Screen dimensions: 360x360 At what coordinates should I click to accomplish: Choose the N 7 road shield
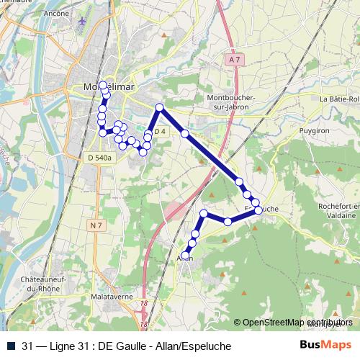pos(96,225)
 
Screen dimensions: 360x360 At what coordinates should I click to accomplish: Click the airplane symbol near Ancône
pos(83,22)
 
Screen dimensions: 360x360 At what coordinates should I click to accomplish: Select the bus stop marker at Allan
pos(186,256)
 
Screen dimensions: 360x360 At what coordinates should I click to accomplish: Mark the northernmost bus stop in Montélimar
pos(104,85)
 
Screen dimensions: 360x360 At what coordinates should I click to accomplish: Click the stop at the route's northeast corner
pos(160,108)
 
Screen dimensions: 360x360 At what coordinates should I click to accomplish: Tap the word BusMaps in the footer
pos(325,346)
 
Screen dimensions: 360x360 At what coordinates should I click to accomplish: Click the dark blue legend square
pos(10,346)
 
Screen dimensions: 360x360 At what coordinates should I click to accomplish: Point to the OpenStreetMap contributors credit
pos(297,323)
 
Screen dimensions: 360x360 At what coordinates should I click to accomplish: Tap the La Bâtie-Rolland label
pos(340,99)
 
